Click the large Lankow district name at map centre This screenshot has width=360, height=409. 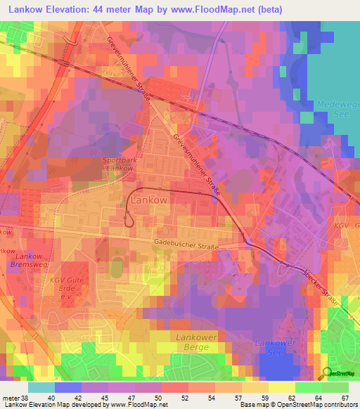pos(149,200)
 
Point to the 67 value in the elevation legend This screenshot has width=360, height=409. pos(345,397)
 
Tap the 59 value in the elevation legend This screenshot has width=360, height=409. pos(265,397)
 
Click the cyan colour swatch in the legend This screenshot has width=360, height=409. pos(41,387)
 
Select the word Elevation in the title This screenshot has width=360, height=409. pos(71,10)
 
